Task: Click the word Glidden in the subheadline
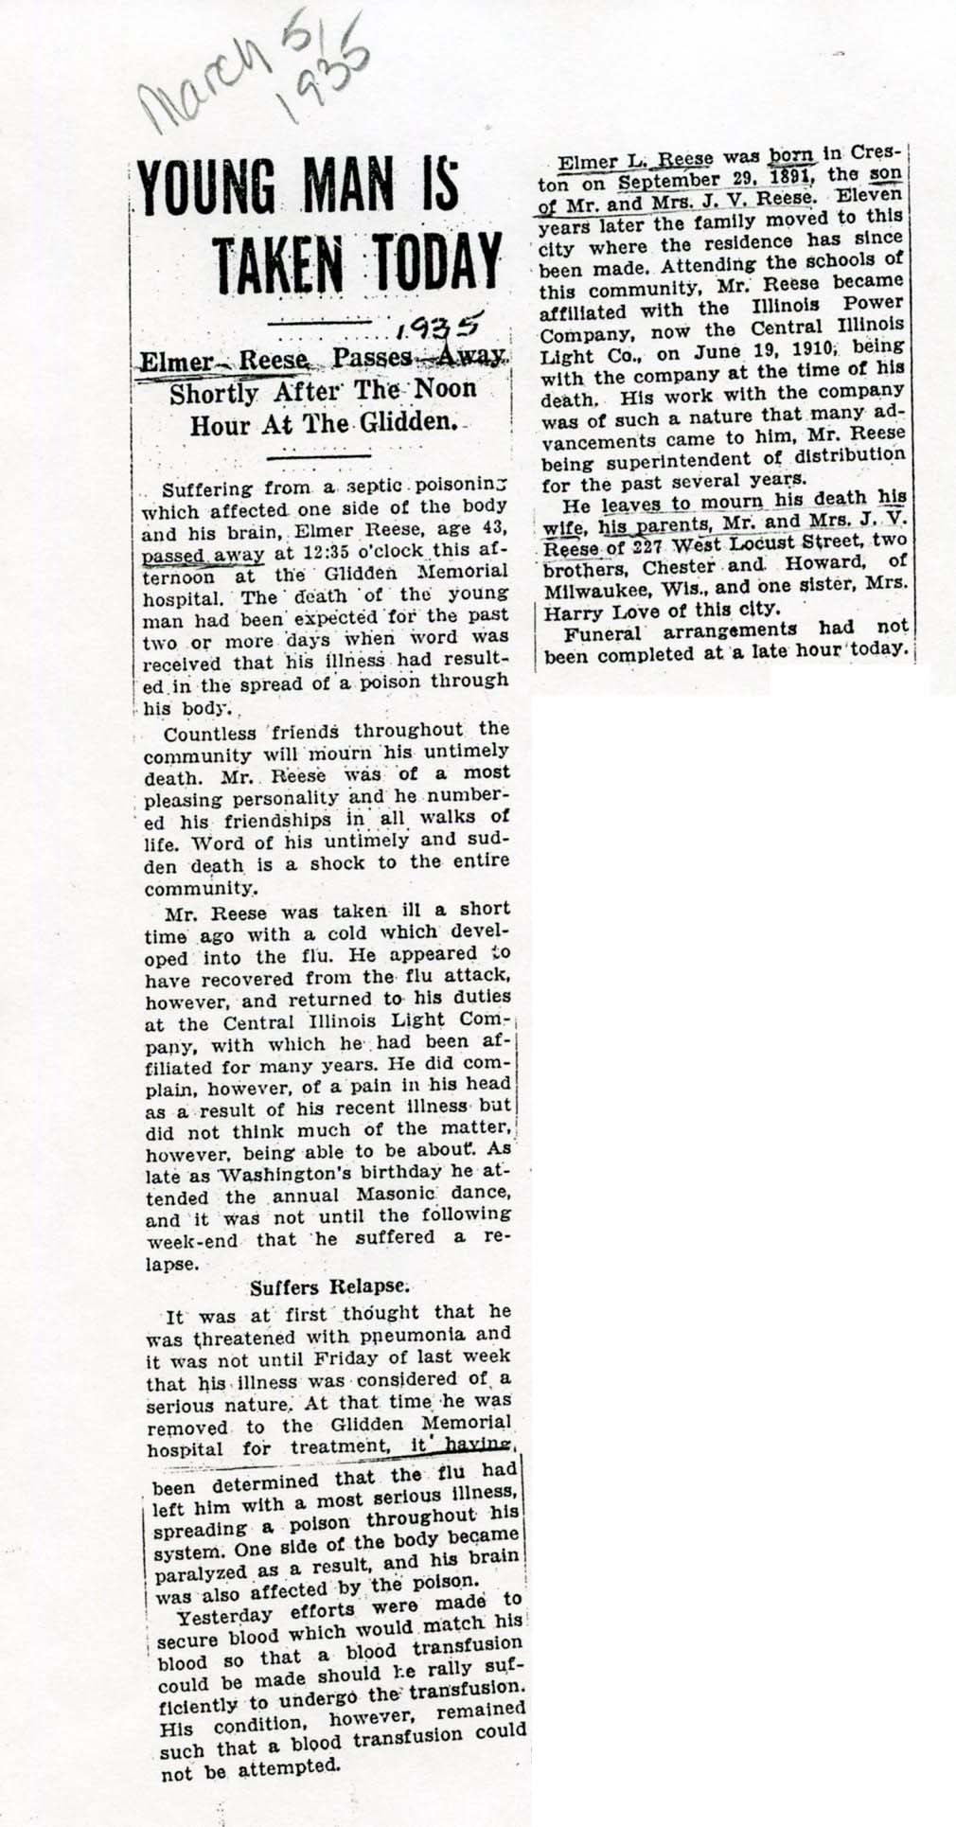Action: (x=398, y=421)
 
